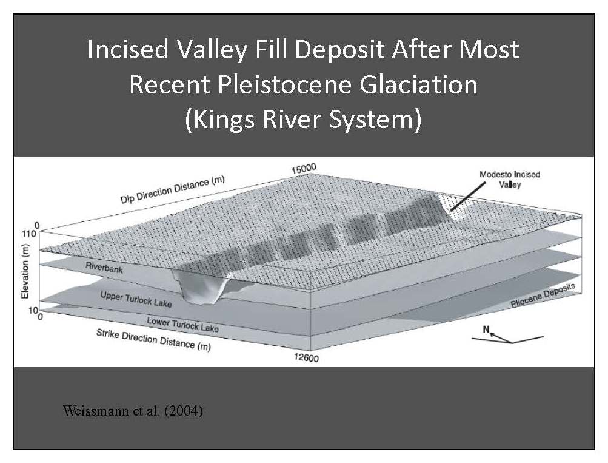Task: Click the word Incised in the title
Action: click(x=128, y=49)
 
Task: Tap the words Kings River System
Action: click(x=303, y=119)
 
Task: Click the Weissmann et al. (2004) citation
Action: click(x=133, y=411)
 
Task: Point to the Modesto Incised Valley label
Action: click(x=510, y=179)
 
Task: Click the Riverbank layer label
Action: click(x=104, y=268)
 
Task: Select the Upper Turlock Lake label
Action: click(x=136, y=299)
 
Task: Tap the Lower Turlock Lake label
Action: click(x=182, y=325)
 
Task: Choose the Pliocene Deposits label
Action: click(x=543, y=295)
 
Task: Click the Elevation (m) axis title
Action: click(x=25, y=271)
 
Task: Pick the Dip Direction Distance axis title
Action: click(x=173, y=190)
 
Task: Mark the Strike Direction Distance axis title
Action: click(x=153, y=340)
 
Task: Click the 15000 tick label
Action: click(x=304, y=169)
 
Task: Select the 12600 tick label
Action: click(x=306, y=357)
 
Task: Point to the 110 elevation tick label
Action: click(x=30, y=234)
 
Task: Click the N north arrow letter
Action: click(x=486, y=330)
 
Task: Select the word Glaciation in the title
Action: click(x=419, y=84)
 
